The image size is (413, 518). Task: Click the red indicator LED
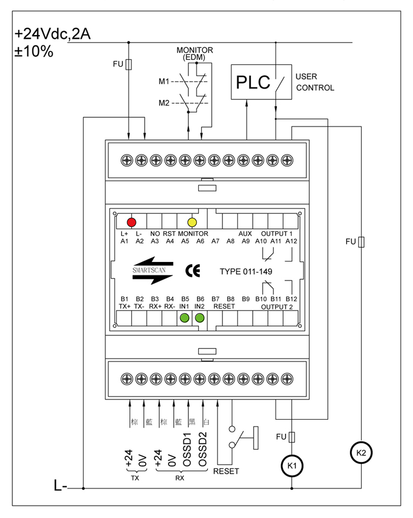pyautogui.click(x=131, y=221)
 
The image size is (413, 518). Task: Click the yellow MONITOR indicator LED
pyautogui.click(x=192, y=221)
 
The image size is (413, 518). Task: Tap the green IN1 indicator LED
pyautogui.click(x=185, y=318)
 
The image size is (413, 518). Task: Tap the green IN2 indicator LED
pyautogui.click(x=200, y=318)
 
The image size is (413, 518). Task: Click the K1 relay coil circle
pyautogui.click(x=292, y=465)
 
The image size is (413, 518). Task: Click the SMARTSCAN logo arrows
pyautogui.click(x=152, y=271)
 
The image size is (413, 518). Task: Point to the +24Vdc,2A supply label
pyautogui.click(x=52, y=35)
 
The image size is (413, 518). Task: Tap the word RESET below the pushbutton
pyautogui.click(x=226, y=472)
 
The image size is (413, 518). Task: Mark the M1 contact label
pyautogui.click(x=164, y=82)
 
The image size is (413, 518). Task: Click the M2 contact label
pyautogui.click(x=164, y=103)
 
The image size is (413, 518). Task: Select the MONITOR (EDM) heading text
pyautogui.click(x=195, y=53)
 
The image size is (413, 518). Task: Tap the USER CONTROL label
pyautogui.click(x=315, y=82)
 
